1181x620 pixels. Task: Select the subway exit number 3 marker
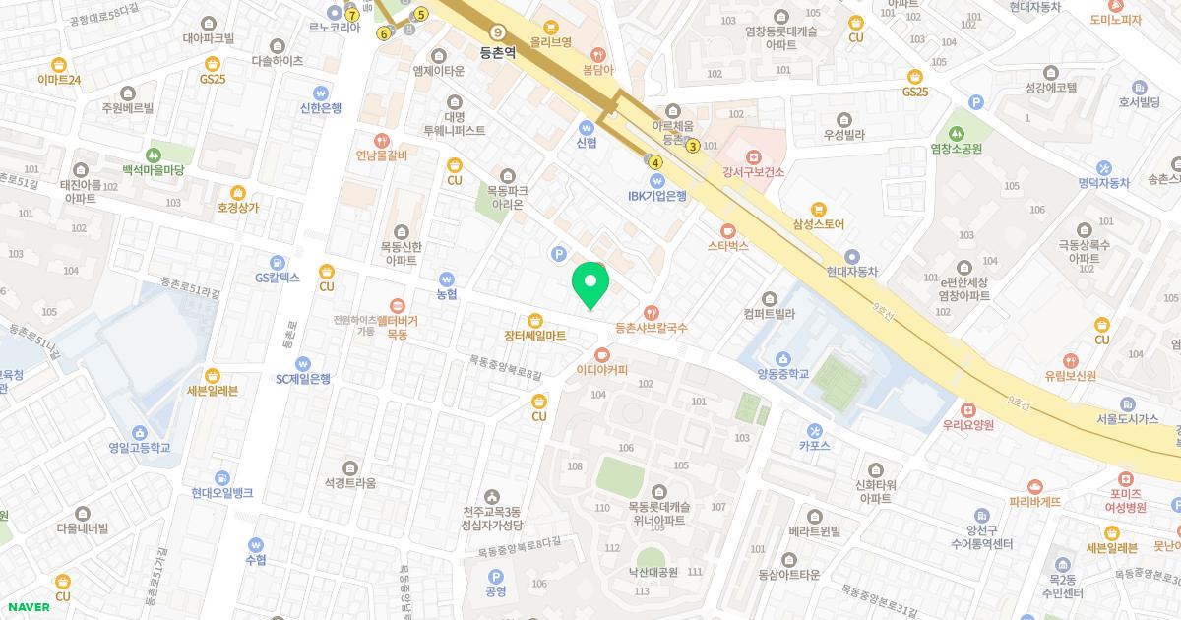pos(693,147)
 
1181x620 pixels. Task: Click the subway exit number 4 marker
pos(655,162)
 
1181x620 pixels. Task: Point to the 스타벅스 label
pos(727,246)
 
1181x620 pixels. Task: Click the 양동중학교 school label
pos(782,374)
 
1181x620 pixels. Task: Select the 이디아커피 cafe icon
pos(601,354)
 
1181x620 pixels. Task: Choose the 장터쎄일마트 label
pos(534,336)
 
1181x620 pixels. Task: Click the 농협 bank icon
pos(448,279)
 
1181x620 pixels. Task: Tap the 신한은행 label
pos(320,108)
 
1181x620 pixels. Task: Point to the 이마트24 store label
pos(59,80)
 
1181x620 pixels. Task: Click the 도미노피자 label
pos(1115,20)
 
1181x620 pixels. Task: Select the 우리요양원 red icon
pos(967,409)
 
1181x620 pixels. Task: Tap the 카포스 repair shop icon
pos(814,430)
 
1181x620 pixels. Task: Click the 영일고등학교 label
pos(140,448)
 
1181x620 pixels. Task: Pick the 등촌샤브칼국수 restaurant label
pos(651,327)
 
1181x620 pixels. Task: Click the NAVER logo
pos(29,607)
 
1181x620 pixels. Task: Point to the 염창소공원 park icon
pos(956,133)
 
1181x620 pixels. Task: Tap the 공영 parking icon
pos(495,576)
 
